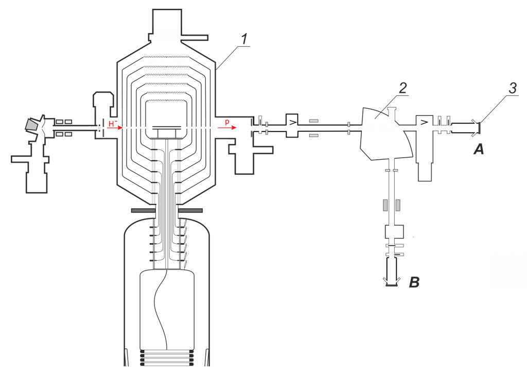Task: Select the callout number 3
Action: pyautogui.click(x=513, y=88)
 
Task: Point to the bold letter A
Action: pyautogui.click(x=479, y=149)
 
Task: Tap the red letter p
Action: pyautogui.click(x=227, y=122)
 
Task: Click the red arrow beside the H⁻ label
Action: pyautogui.click(x=114, y=128)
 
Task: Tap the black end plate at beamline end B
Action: pyautogui.click(x=392, y=285)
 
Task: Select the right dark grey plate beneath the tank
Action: pyautogui.click(x=190, y=210)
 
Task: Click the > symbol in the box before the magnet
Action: pyautogui.click(x=292, y=123)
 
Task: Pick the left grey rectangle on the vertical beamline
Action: pyautogui.click(x=384, y=205)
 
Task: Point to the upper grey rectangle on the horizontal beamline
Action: pyautogui.click(x=314, y=121)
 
